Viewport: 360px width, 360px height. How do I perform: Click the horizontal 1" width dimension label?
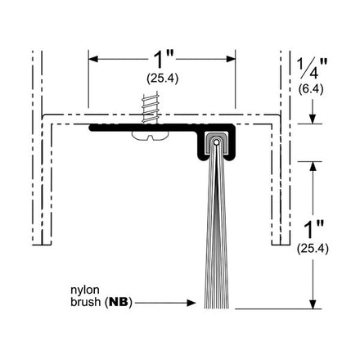coord(164,60)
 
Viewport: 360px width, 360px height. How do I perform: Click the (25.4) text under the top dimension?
coord(163,79)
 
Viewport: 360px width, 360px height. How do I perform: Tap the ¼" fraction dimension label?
coord(312,68)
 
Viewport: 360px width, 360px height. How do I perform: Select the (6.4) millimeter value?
coord(311,89)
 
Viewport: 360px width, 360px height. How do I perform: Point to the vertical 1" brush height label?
coord(313,230)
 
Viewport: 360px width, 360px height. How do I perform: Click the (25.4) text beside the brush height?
coord(313,249)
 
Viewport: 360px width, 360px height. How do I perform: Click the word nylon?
coord(85,290)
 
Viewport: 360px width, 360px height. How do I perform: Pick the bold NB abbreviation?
coord(119,302)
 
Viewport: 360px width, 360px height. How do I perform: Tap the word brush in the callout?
coord(85,302)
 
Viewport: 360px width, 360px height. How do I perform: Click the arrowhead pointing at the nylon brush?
coord(191,303)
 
